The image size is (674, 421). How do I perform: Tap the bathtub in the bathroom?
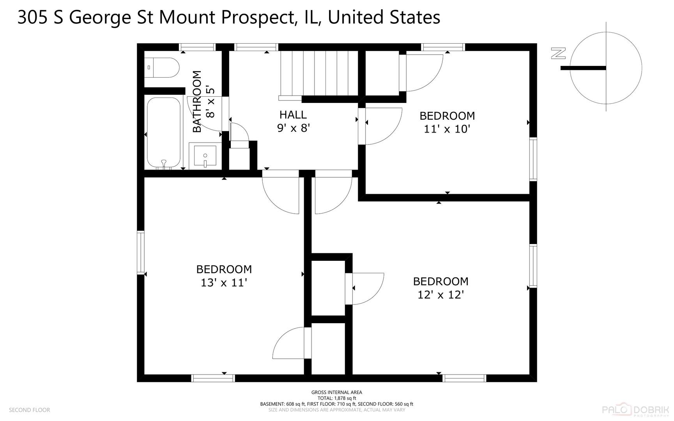click(164, 132)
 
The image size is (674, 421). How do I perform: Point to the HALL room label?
click(293, 115)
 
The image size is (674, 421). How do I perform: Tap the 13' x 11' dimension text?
click(224, 283)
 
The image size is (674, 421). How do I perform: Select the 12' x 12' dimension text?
click(440, 295)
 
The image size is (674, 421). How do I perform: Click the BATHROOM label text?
click(197, 101)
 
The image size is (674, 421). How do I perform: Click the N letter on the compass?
click(558, 53)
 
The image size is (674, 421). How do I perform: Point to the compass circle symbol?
click(606, 68)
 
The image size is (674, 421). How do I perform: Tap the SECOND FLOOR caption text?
click(29, 410)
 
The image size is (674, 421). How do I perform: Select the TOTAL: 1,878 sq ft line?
click(336, 398)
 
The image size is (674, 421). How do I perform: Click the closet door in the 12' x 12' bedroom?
click(366, 288)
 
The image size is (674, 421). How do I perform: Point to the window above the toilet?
click(197, 47)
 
